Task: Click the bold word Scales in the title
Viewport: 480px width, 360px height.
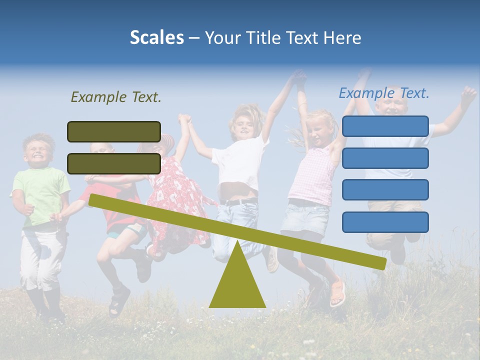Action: [156, 37]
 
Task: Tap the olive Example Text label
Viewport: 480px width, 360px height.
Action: [116, 97]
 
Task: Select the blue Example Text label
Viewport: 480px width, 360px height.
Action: [384, 93]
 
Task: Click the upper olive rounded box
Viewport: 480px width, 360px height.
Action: [114, 131]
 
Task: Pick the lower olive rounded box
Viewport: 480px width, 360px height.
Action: [114, 163]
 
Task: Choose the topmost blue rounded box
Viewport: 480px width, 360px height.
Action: [385, 126]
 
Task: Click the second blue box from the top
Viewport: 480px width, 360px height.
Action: [385, 158]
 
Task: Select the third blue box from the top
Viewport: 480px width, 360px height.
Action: [385, 190]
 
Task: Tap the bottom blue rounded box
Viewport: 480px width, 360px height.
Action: [385, 222]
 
